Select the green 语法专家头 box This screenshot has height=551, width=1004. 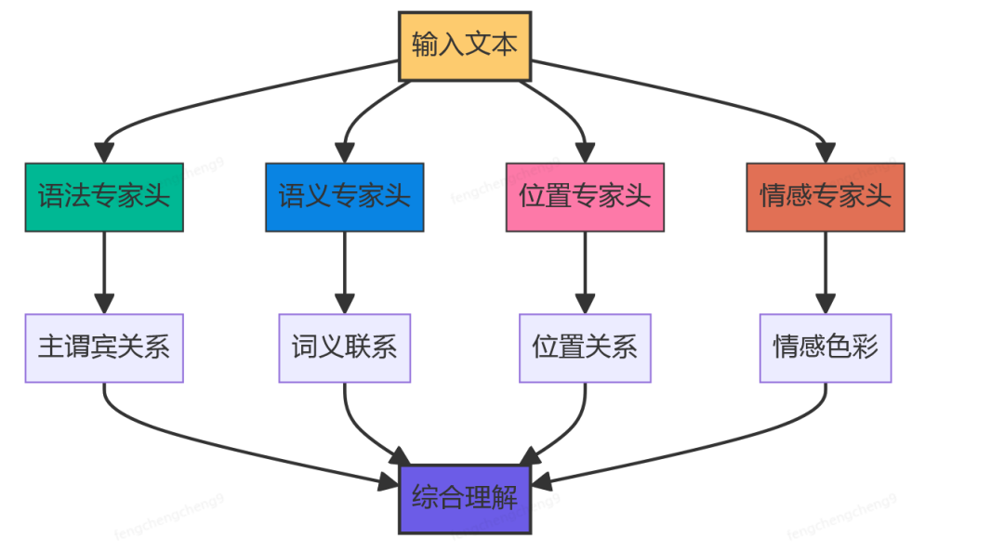tap(104, 197)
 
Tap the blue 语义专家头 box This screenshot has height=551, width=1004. tap(344, 197)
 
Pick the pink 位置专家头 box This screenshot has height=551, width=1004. tap(585, 197)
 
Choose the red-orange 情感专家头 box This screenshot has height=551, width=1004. tap(826, 197)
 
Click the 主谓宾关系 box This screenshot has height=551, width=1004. tap(104, 348)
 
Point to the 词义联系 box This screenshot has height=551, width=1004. tap(344, 348)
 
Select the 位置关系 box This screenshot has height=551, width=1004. tap(585, 348)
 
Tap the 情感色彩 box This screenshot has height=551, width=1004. tap(826, 348)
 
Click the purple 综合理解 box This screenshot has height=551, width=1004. tap(465, 498)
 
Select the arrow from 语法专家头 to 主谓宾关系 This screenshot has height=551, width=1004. tap(104, 269)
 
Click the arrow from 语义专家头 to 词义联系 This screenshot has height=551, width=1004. tap(344, 269)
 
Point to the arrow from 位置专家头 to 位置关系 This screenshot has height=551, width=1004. tap(585, 269)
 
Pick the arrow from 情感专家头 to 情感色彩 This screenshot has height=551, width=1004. tap(826, 269)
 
